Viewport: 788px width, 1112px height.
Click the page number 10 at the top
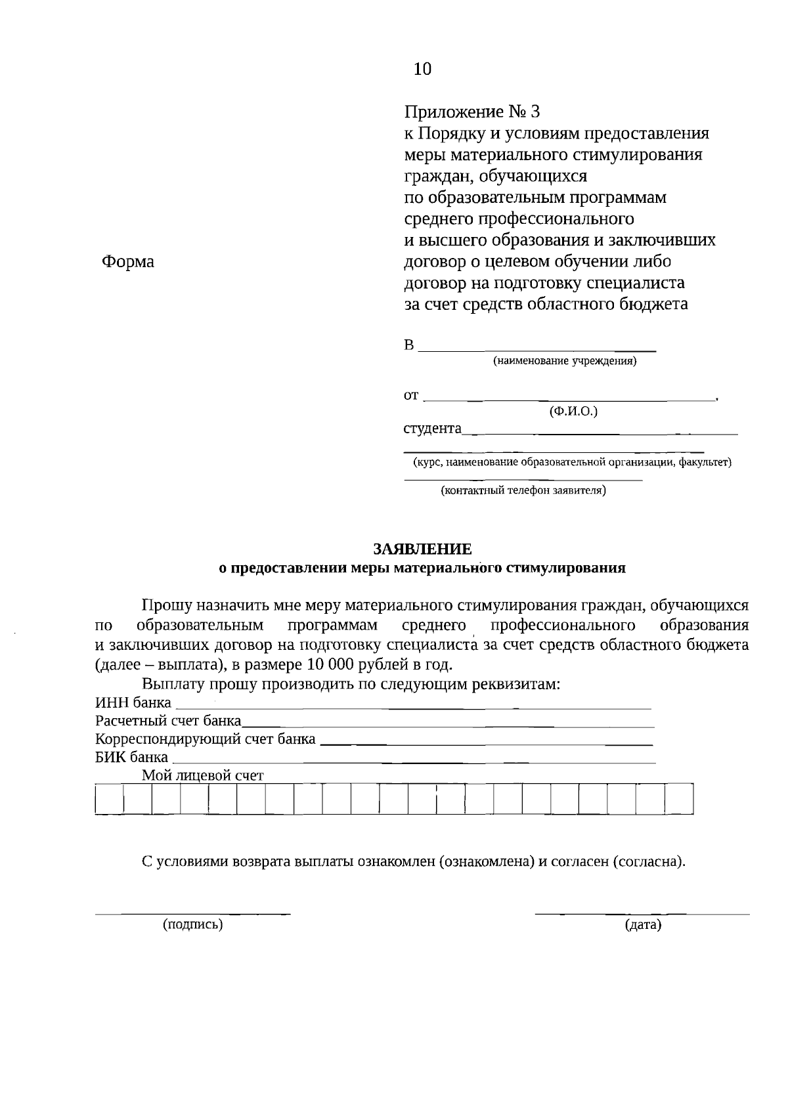click(x=423, y=69)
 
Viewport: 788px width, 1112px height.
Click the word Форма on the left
click(x=128, y=262)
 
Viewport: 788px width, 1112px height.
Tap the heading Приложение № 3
click(x=471, y=112)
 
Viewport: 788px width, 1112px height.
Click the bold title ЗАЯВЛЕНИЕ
click(x=422, y=549)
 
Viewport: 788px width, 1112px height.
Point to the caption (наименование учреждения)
click(x=565, y=361)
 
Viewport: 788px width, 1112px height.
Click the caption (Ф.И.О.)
click(x=573, y=412)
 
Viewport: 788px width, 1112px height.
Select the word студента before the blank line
click(x=432, y=429)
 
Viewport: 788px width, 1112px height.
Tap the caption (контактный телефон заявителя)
click(x=523, y=490)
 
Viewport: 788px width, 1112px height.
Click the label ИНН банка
click(x=133, y=703)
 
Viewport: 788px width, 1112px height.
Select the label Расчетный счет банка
click(x=168, y=721)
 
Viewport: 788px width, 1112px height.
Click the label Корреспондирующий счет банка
click(x=205, y=739)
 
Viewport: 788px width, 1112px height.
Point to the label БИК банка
click(x=131, y=757)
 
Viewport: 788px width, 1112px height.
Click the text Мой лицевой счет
click(x=203, y=775)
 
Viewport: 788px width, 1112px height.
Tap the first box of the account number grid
click(x=109, y=799)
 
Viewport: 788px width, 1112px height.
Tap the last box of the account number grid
click(x=679, y=799)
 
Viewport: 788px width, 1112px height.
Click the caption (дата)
click(x=643, y=925)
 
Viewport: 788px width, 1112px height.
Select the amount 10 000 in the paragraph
click(x=326, y=664)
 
